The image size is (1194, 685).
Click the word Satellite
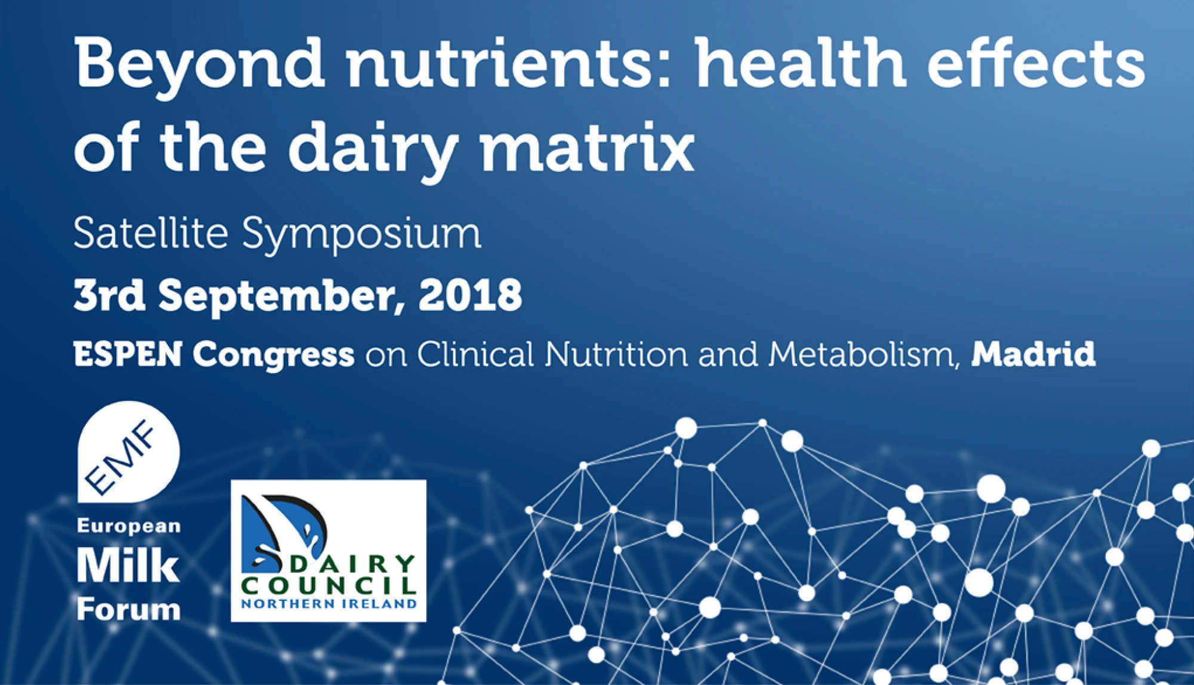tap(151, 232)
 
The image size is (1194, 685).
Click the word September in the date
tap(278, 297)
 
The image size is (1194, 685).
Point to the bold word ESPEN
tap(128, 354)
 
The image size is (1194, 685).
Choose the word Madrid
tap(1033, 354)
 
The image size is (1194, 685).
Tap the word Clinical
tap(475, 354)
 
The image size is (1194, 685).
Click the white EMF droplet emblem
tap(128, 452)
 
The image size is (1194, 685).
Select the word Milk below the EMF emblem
tap(128, 565)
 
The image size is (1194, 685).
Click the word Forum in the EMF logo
tap(128, 610)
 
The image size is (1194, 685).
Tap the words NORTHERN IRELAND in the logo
tap(329, 604)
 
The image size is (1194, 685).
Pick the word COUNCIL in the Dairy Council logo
tap(329, 585)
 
